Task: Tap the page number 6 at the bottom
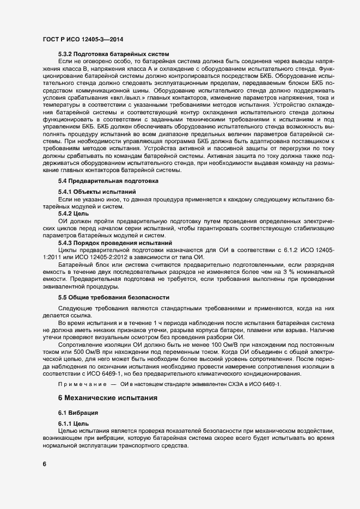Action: click(x=44, y=464)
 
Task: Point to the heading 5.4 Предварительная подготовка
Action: click(x=108, y=180)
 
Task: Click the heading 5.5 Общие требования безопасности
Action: click(x=114, y=297)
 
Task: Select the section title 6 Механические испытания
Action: click(x=108, y=398)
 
